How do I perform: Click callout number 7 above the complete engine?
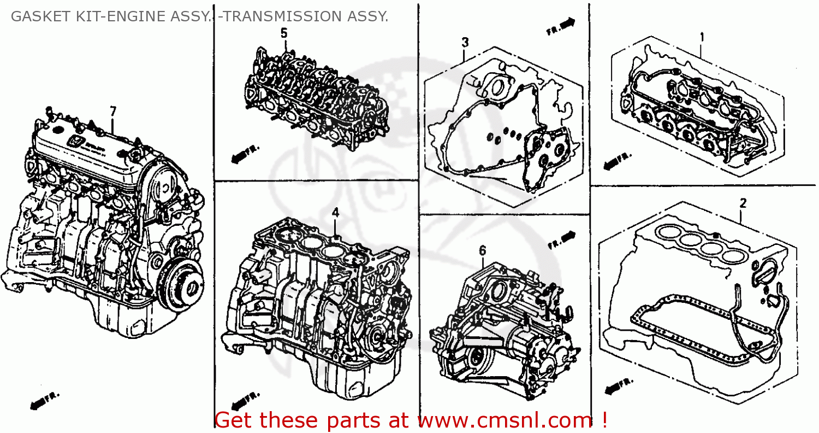pos(113,112)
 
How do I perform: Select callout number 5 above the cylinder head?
pos(283,33)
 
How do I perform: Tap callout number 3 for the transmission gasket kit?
pos(465,42)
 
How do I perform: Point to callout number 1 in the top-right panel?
pos(702,37)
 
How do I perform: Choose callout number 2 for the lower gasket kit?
pos(743,203)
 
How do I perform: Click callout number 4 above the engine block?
pos(336,213)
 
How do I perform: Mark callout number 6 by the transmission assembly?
pos(482,250)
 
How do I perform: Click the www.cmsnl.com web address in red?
pos(505,420)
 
